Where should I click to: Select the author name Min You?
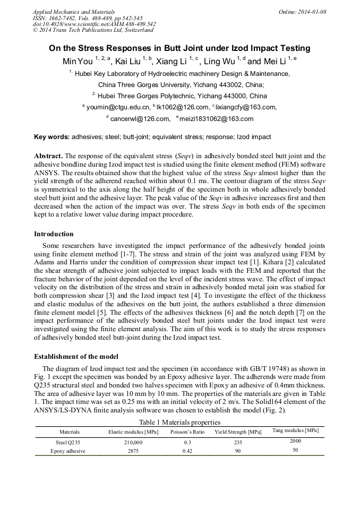78,62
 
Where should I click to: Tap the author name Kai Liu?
127,62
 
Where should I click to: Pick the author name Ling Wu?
218,62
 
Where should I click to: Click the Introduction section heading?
54,234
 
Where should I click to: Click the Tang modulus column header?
296,430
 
